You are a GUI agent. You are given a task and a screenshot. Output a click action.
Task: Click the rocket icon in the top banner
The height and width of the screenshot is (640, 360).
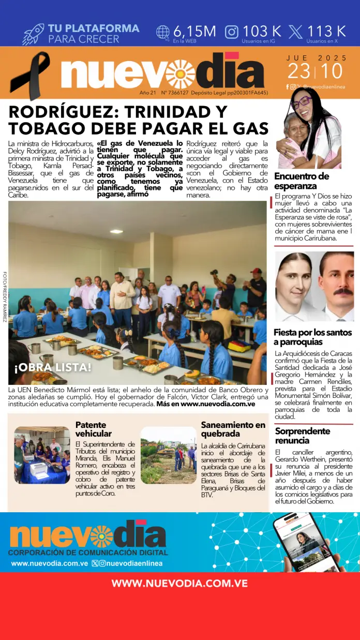(x=33, y=34)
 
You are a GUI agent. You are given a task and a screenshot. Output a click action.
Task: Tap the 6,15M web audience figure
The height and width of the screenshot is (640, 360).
(x=194, y=31)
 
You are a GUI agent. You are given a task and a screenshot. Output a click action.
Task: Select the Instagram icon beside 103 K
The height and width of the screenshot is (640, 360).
(x=232, y=32)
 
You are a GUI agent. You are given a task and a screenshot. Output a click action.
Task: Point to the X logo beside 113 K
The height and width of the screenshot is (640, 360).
(x=295, y=32)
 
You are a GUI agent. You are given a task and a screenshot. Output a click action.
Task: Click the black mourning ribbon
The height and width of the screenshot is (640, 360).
(x=30, y=75)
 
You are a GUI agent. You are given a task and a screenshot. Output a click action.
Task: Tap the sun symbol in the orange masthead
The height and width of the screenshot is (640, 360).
(x=180, y=73)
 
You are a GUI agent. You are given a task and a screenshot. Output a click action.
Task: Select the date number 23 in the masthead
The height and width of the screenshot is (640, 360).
(x=299, y=71)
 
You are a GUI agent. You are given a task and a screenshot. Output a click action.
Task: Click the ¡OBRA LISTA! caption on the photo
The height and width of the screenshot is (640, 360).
(x=53, y=368)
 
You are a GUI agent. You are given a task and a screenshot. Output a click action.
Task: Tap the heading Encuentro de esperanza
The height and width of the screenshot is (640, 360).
(x=302, y=181)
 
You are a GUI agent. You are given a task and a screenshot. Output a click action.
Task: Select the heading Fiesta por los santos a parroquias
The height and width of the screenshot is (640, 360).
(x=312, y=337)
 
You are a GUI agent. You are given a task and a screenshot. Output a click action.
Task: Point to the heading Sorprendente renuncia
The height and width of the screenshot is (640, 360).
(x=302, y=436)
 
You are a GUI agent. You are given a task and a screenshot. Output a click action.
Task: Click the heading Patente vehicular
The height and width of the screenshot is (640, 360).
(x=94, y=429)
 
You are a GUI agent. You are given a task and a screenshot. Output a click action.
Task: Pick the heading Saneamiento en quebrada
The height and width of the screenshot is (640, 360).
(x=233, y=429)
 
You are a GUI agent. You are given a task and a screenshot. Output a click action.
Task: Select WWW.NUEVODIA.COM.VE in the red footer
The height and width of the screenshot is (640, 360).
(x=179, y=584)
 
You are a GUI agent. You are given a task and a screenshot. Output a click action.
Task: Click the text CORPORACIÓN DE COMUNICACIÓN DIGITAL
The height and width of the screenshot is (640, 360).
(x=87, y=553)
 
